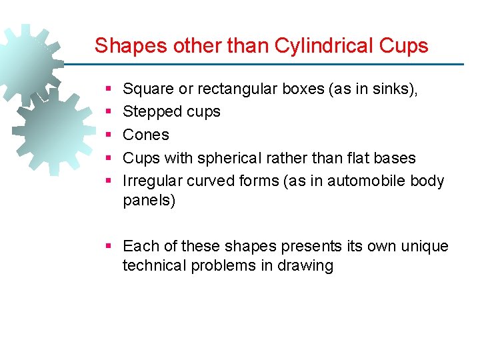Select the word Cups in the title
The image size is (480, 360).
coord(403,45)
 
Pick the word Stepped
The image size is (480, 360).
coord(150,112)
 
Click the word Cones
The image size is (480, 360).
coord(146,135)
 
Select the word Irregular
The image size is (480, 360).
coord(153,181)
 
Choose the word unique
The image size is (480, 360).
coord(425,246)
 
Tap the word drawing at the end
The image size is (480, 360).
coord(309,265)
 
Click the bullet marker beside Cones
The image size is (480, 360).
coord(109,135)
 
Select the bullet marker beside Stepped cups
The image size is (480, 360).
coord(109,111)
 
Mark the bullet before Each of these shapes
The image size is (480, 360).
coord(109,246)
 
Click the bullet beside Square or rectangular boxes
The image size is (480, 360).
coord(109,89)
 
